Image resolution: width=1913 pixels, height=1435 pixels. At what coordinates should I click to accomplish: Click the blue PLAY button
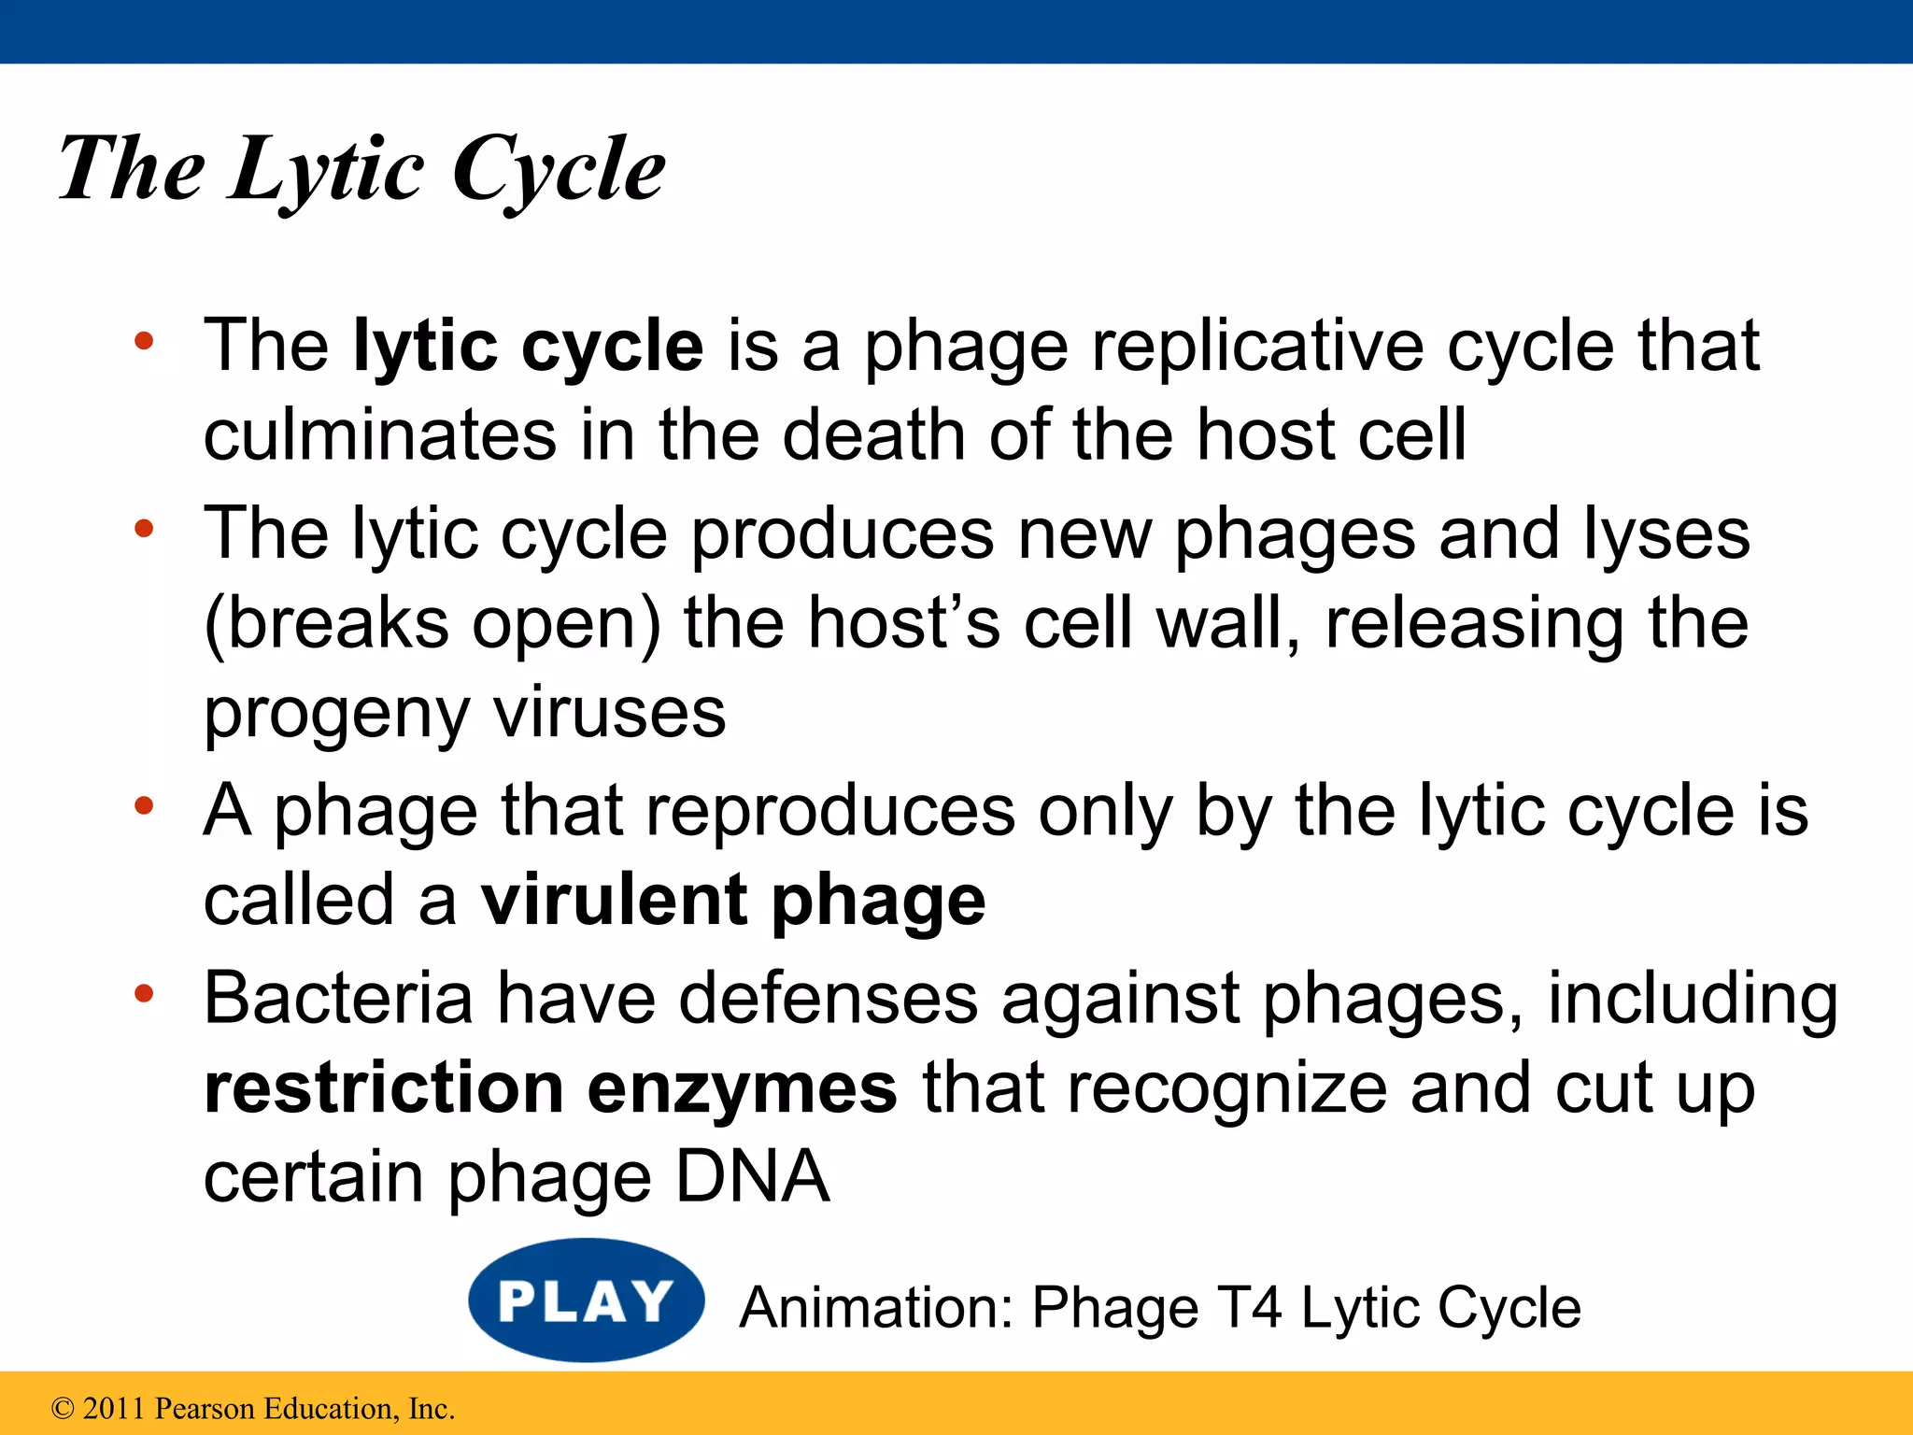pos(586,1300)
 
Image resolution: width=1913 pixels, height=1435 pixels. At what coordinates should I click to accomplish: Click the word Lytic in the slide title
pos(326,171)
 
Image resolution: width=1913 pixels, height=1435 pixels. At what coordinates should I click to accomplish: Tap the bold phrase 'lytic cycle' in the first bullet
pos(528,347)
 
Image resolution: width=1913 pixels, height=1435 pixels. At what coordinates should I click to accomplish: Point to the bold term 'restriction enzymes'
pos(550,1089)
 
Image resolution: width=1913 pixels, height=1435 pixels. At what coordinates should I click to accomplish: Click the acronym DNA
pos(752,1176)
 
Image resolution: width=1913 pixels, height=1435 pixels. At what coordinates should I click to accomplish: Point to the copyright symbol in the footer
pos(63,1408)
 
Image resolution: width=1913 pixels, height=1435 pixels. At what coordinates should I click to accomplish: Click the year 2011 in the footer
pos(115,1408)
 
